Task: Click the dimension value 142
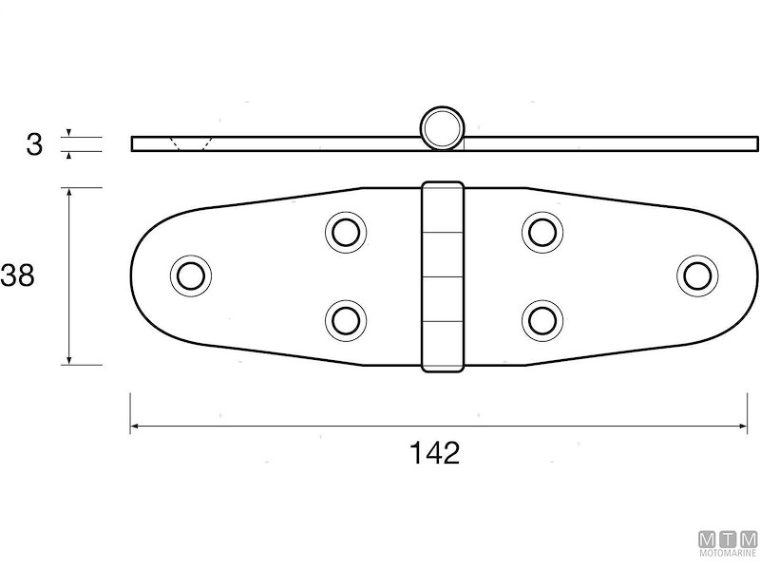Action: click(x=434, y=453)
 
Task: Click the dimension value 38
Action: click(x=17, y=275)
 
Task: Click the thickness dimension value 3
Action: click(x=34, y=144)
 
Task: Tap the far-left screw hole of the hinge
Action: click(x=191, y=275)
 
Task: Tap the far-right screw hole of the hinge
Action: click(x=698, y=275)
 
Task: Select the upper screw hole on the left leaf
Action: click(x=346, y=232)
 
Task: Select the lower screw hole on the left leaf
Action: click(x=346, y=321)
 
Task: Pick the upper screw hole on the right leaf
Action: click(x=542, y=232)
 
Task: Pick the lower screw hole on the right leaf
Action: click(x=542, y=321)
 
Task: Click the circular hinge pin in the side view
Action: click(x=442, y=127)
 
